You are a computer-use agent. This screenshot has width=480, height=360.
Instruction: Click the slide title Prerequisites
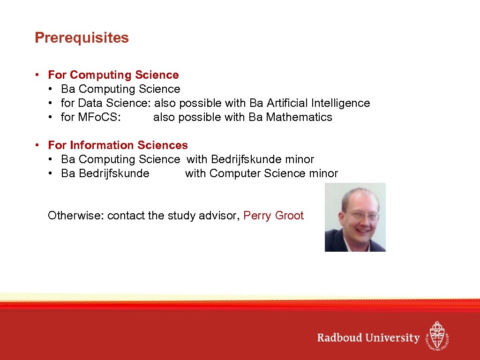[x=82, y=38]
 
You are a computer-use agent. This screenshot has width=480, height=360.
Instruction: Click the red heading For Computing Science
[x=113, y=75]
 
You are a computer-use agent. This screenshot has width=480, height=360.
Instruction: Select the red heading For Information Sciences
[x=118, y=145]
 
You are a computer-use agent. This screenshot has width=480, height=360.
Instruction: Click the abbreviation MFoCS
[x=99, y=117]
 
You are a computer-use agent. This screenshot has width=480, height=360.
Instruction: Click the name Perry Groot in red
[x=274, y=216]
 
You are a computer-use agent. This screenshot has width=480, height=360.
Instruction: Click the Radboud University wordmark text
[x=368, y=338]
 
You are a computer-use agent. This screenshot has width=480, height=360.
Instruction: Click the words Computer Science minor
[x=274, y=173]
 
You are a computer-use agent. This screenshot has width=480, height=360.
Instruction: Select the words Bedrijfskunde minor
[x=262, y=159]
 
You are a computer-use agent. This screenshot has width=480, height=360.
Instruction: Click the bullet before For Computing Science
[x=37, y=75]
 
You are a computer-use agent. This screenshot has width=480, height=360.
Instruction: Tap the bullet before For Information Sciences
[x=37, y=146]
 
